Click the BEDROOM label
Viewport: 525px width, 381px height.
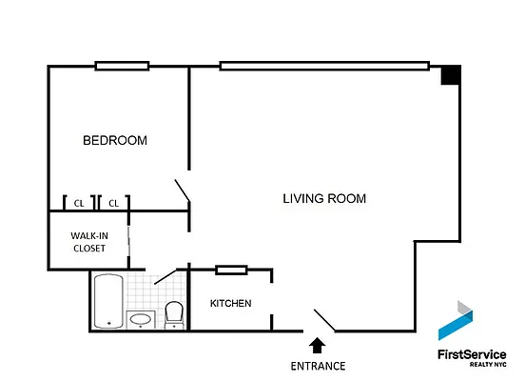[115, 141]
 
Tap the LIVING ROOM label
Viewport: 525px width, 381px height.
[324, 199]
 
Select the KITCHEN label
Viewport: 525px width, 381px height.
[231, 304]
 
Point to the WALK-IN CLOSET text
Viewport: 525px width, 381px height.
[87, 242]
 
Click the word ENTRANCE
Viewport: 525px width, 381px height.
[318, 366]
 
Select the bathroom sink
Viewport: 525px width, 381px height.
[141, 319]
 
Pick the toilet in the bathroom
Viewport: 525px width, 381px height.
[174, 313]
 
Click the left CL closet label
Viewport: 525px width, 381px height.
[79, 203]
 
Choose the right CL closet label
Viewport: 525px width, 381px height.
[112, 203]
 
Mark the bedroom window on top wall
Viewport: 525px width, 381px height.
[122, 66]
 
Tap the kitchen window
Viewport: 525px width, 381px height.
[231, 270]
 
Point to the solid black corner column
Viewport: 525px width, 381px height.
[450, 75]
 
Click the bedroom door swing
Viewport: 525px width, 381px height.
[183, 192]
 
